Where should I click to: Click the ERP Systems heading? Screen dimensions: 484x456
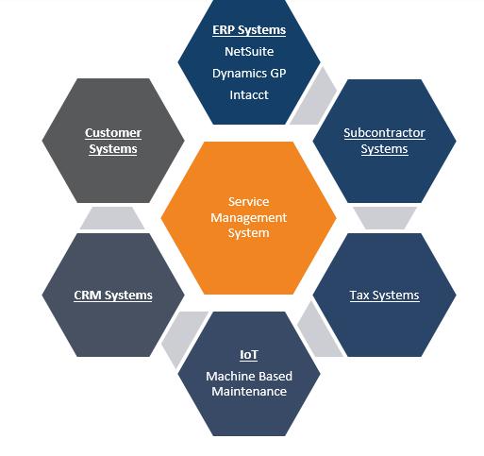[249, 30]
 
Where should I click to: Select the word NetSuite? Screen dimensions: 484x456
[249, 52]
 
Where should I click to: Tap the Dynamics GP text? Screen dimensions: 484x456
[249, 74]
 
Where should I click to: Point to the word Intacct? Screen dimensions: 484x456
[249, 95]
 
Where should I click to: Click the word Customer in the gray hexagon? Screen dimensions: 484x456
[113, 133]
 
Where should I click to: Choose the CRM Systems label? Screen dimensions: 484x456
[113, 296]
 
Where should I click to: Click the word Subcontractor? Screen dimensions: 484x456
[384, 133]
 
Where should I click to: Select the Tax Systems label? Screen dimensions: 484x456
[384, 296]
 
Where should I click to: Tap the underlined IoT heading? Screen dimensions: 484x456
[249, 355]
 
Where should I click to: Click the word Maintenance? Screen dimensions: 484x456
[249, 392]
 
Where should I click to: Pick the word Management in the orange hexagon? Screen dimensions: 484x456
[248, 218]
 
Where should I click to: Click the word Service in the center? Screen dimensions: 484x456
[248, 202]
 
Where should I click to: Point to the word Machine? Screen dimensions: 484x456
[226, 376]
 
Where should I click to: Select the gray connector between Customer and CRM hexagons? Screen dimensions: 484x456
[112, 218]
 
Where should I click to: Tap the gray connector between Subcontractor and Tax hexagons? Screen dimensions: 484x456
[385, 218]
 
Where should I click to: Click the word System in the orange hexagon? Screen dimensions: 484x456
[248, 233]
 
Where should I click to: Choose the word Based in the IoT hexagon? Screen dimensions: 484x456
[272, 376]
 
